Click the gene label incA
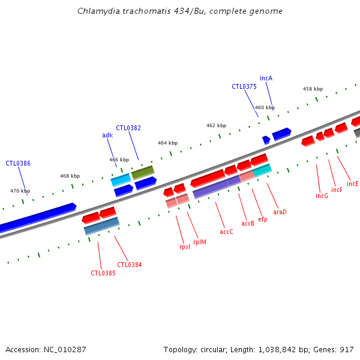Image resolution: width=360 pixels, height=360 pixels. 266,78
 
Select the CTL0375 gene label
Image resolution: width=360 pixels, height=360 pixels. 244,86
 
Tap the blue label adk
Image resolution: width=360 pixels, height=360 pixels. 107,135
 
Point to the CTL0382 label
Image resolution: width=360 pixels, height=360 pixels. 128,128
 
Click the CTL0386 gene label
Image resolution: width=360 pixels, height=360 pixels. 18,163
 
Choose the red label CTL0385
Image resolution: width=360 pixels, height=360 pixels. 103,273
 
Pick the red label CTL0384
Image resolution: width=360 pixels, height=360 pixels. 130,265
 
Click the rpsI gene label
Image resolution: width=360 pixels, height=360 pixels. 185,247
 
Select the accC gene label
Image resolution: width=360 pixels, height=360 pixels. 226,232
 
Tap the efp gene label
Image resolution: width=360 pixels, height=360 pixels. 263,219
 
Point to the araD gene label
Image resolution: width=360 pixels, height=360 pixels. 280,211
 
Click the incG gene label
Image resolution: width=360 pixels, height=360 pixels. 322,196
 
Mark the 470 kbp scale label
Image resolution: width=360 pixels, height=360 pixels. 20,191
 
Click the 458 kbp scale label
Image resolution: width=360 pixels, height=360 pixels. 313,89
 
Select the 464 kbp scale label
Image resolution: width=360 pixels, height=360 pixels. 167,143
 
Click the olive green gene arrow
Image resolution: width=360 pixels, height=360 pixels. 143,172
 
